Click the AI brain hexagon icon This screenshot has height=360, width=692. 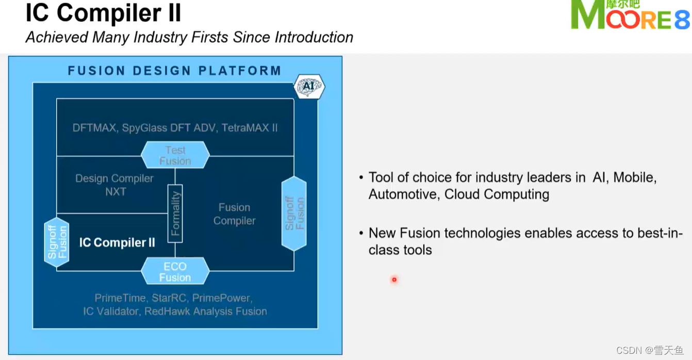[x=308, y=87]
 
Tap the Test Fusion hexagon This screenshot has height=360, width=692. [x=175, y=155]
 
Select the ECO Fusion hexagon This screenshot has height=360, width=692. [x=175, y=272]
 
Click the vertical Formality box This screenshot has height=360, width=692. [x=175, y=214]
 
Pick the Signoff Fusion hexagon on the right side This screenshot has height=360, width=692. [x=294, y=214]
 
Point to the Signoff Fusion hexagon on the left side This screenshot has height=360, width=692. [x=57, y=242]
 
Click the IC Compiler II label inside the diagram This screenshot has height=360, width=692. [x=117, y=242]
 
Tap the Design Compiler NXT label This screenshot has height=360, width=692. [x=114, y=185]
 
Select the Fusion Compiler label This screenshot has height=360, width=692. [x=234, y=214]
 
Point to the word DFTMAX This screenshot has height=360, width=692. [x=94, y=128]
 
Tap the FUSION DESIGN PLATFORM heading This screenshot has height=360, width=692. [x=175, y=71]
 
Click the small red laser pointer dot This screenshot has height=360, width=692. [x=394, y=280]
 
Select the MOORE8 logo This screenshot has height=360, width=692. [x=630, y=15]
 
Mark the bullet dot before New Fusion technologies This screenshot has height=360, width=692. [x=361, y=234]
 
